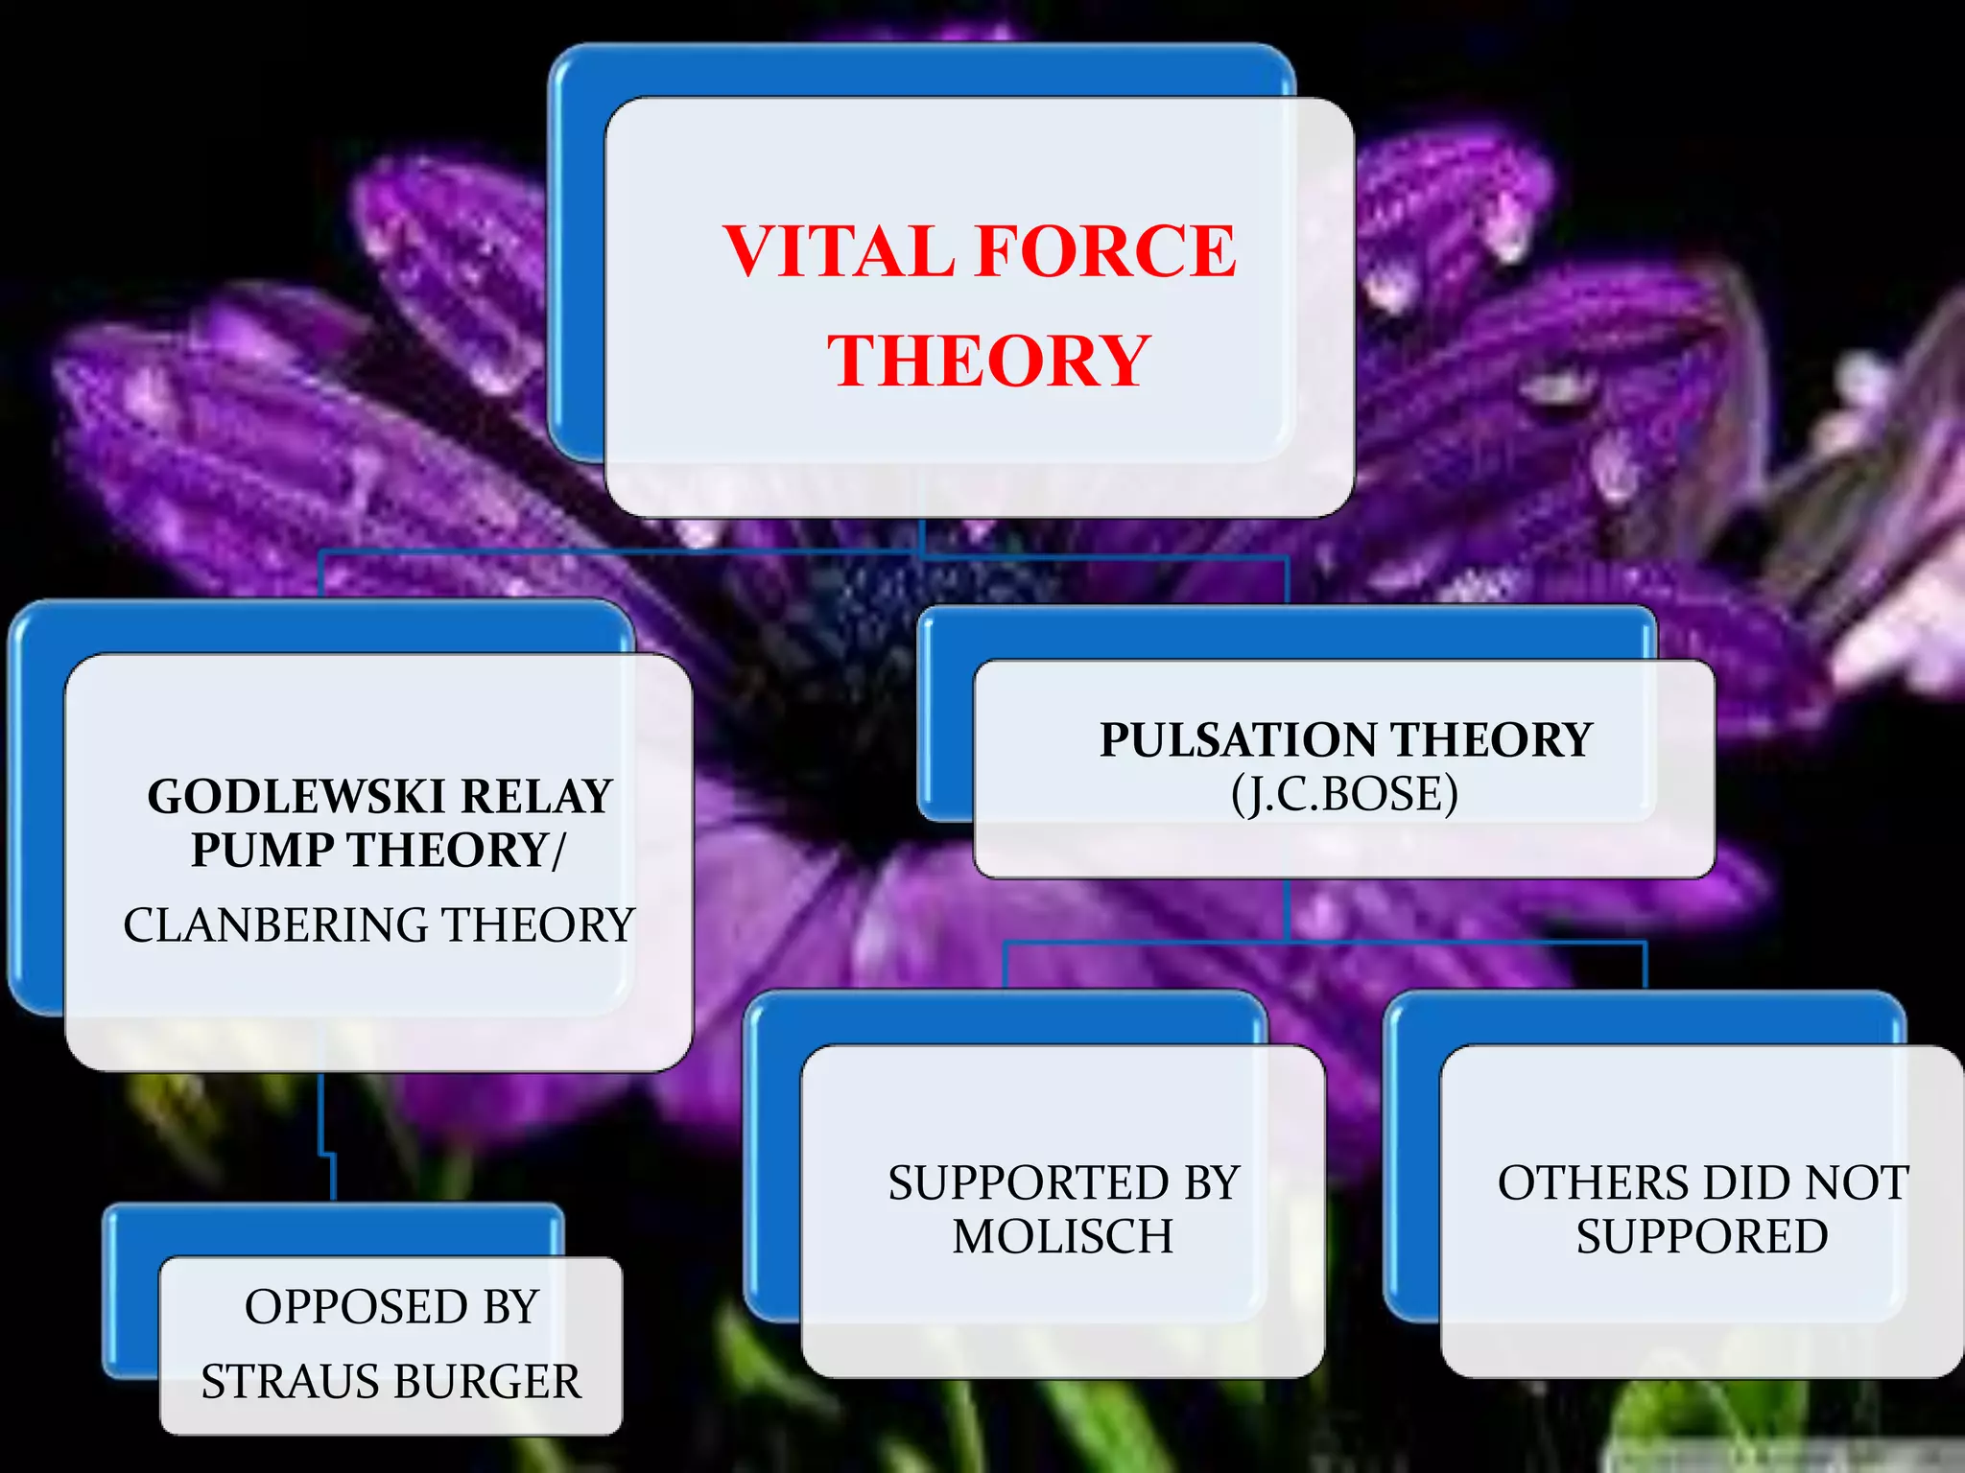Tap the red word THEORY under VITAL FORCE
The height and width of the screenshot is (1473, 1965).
[988, 362]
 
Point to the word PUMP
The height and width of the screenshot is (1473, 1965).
[261, 851]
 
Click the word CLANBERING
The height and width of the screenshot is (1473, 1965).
[275, 925]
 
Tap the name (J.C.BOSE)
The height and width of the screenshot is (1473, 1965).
[1344, 794]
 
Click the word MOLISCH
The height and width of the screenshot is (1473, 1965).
[1063, 1237]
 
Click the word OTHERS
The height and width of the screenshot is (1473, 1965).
[1573, 1183]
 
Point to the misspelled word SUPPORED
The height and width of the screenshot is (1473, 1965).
[1701, 1237]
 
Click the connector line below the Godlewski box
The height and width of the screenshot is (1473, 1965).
[320, 1112]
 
